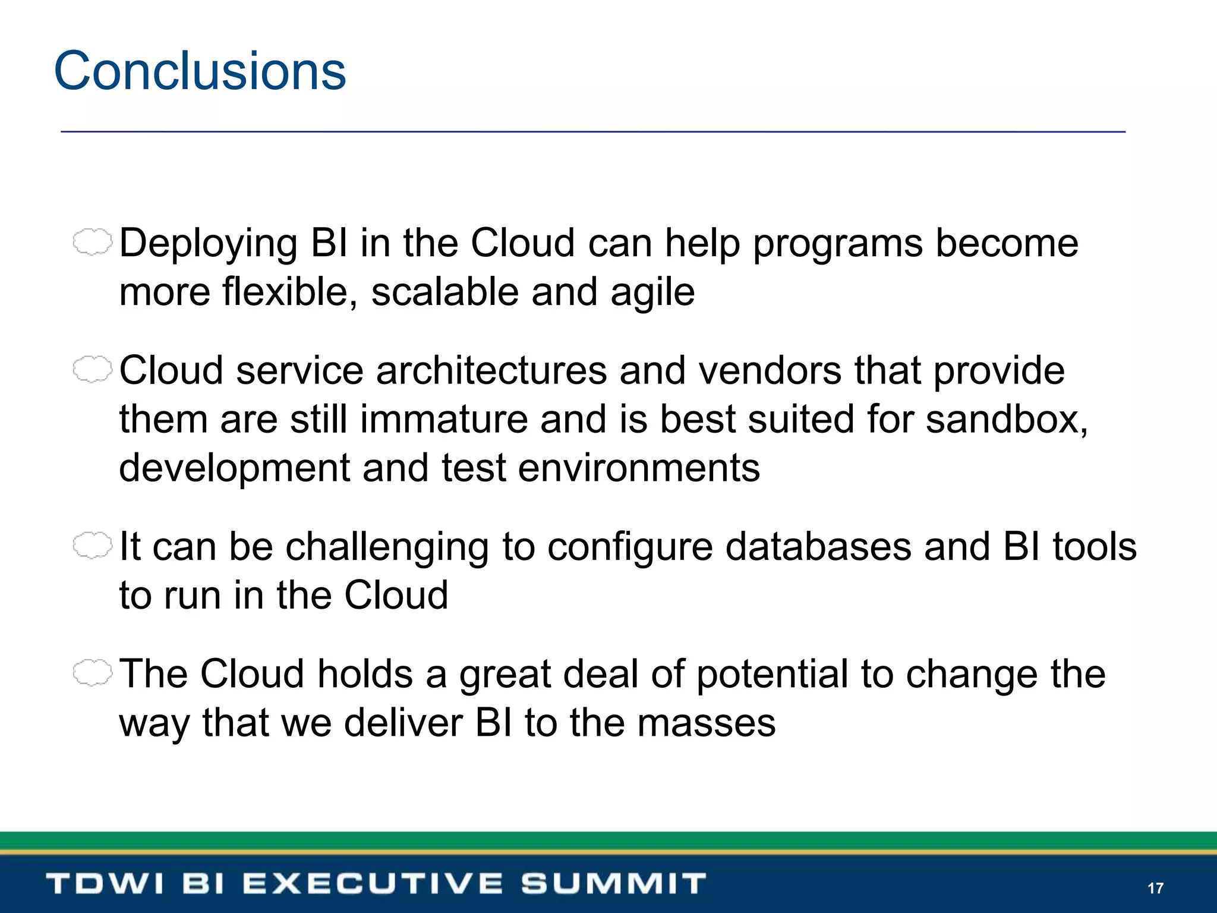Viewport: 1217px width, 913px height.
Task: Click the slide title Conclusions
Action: point(200,71)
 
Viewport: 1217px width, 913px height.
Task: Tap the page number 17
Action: point(1155,888)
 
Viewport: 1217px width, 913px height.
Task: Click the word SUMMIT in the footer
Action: point(613,883)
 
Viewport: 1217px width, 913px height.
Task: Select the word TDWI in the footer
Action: point(105,883)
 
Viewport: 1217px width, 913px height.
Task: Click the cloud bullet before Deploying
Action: point(92,243)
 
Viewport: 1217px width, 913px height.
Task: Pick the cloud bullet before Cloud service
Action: point(92,370)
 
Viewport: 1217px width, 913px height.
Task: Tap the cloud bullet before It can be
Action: point(92,545)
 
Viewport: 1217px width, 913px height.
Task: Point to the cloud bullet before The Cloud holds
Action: point(92,673)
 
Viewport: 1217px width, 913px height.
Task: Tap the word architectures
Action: point(491,371)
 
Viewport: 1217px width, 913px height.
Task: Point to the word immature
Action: point(443,420)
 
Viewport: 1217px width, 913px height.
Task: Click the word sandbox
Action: point(1005,420)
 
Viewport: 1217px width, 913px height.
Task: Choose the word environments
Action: point(639,468)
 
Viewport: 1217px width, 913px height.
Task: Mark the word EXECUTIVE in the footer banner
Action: point(373,883)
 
